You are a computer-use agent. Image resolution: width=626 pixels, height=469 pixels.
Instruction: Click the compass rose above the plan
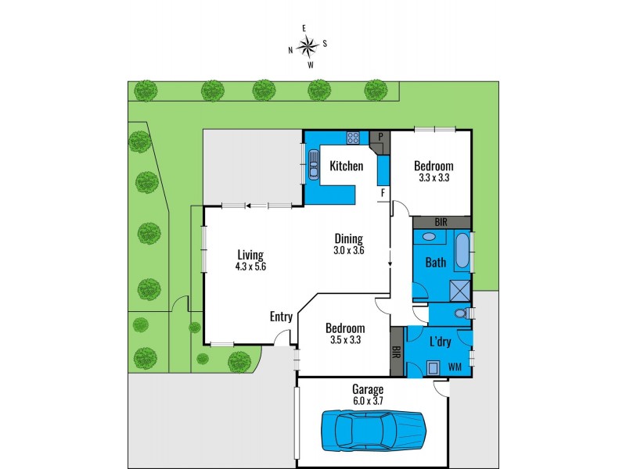(x=308, y=46)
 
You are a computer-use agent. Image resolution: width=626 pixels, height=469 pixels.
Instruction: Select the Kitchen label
(x=346, y=166)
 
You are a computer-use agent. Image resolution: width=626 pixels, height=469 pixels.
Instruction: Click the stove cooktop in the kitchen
(x=353, y=138)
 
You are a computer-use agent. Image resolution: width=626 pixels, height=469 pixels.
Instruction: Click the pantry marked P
(x=380, y=137)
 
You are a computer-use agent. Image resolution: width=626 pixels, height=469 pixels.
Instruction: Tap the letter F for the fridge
(x=383, y=192)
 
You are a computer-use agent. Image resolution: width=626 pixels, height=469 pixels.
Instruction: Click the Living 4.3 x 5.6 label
(x=250, y=260)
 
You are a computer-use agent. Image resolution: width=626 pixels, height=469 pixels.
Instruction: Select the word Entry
(x=281, y=317)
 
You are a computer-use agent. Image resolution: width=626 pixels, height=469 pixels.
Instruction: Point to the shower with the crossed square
(x=460, y=290)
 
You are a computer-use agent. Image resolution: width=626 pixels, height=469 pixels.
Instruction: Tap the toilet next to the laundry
(x=462, y=313)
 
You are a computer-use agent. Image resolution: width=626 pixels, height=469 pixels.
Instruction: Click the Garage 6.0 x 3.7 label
(x=367, y=394)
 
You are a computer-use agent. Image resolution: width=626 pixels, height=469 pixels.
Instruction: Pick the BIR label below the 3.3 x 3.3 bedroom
(x=441, y=222)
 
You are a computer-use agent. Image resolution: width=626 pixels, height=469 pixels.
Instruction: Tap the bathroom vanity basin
(x=429, y=237)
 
